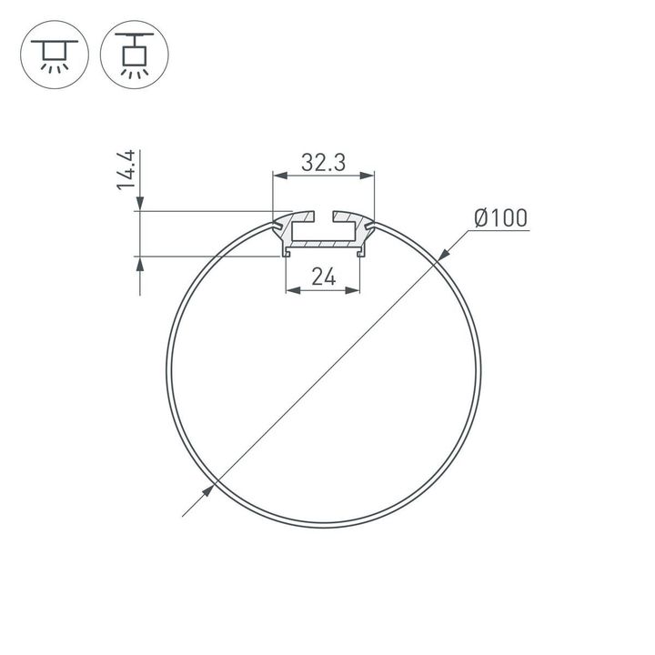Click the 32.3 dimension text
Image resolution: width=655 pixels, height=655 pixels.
point(323,163)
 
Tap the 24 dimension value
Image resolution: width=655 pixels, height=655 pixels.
point(324,277)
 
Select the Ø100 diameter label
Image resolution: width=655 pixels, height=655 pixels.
point(500,218)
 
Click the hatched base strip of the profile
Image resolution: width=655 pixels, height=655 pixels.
point(324,244)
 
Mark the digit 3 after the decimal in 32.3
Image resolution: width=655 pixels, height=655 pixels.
point(338,163)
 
